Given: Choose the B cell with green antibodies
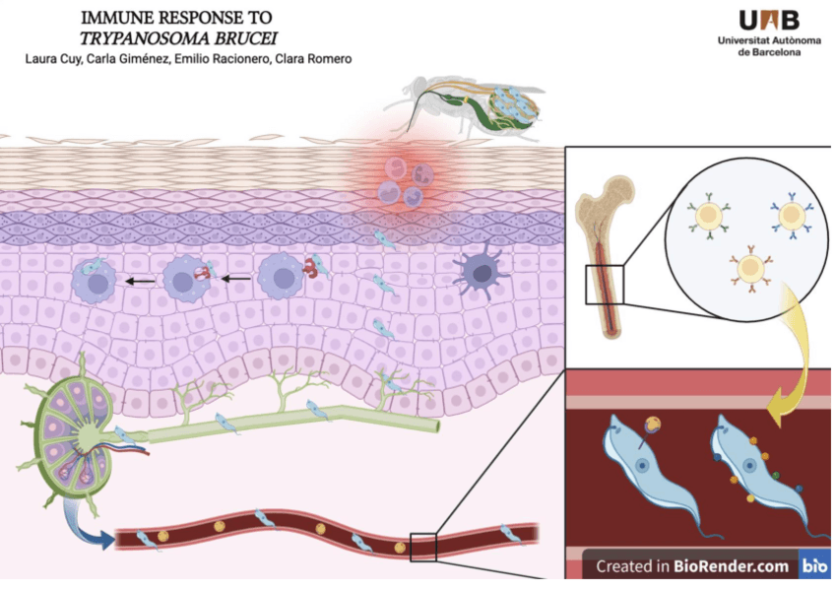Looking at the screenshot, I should tap(707, 218).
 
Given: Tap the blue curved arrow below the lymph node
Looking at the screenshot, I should tap(88, 527).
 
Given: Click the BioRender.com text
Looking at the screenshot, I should tap(731, 566).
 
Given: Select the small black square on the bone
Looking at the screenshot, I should tap(604, 285).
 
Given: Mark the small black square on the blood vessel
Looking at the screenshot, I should tap(423, 547).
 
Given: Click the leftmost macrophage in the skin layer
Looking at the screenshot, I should tap(98, 282).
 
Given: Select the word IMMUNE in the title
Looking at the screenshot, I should tap(110, 18).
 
